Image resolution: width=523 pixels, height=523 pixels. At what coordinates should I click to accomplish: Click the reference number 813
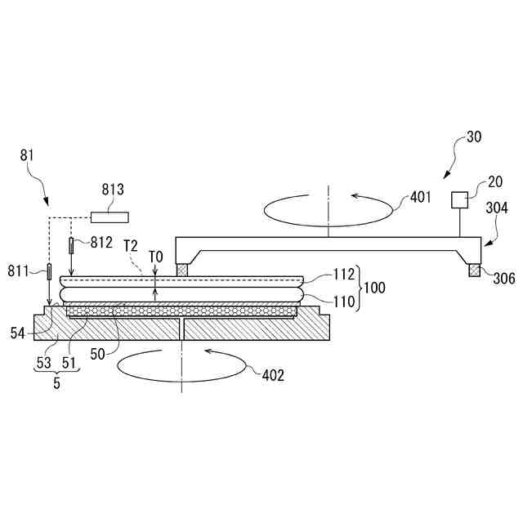[x=113, y=190]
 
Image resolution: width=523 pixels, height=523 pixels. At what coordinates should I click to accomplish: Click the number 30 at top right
[x=473, y=137]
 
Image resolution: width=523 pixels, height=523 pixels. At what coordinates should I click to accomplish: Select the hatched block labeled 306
[x=474, y=270]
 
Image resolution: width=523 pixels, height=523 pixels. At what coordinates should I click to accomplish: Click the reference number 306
[x=503, y=279]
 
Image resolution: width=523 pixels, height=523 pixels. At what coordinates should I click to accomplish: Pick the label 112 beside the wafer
[x=343, y=275]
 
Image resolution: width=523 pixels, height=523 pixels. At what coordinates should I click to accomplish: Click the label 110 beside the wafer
[x=343, y=302]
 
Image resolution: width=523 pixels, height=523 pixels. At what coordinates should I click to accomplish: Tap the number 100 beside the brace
[x=375, y=288]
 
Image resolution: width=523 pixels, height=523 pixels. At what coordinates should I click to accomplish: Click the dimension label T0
[x=156, y=257]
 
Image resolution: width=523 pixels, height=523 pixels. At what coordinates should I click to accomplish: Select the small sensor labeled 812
[x=71, y=244]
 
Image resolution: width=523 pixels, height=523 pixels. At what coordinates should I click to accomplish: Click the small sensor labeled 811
[x=49, y=270]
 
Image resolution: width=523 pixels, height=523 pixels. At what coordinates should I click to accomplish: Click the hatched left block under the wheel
[x=183, y=269]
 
